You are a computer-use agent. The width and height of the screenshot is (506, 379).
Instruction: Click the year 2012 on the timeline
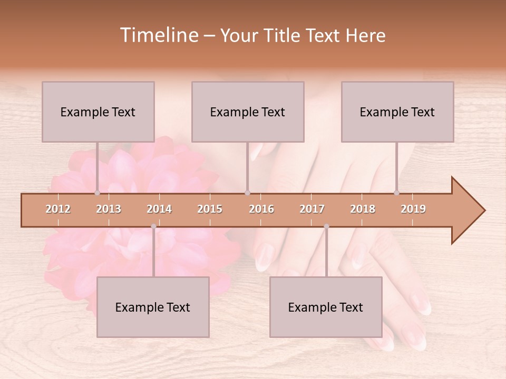tap(58, 209)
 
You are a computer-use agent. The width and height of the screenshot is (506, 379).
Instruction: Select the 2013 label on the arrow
tap(109, 209)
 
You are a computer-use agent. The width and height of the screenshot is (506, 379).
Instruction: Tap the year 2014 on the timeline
tap(159, 209)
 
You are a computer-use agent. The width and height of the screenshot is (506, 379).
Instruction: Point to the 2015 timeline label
tap(210, 209)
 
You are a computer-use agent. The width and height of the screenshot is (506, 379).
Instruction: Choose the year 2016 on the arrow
tap(261, 209)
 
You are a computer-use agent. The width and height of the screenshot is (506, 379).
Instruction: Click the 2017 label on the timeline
tap(312, 209)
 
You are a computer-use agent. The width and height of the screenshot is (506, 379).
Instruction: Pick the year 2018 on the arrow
tap(363, 209)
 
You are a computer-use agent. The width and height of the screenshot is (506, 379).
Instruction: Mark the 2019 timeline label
tap(413, 209)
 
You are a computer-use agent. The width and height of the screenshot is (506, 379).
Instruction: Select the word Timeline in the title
tap(158, 35)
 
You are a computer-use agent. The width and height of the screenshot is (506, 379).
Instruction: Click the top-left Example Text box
tap(98, 112)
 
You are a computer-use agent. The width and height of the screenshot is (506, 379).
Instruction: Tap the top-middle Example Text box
tap(248, 112)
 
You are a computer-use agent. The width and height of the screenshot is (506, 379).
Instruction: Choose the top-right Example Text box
tap(397, 112)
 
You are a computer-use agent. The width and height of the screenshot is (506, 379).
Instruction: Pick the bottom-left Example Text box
tap(153, 307)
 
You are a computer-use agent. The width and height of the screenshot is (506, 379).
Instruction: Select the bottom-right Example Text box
tap(326, 307)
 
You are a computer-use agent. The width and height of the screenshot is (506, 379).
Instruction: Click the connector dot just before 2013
tap(97, 193)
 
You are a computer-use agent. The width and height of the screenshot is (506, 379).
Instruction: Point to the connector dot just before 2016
tap(247, 193)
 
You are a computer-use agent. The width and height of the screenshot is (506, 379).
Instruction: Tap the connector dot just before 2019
tap(396, 193)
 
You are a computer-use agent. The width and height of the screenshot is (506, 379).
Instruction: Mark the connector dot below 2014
tap(153, 226)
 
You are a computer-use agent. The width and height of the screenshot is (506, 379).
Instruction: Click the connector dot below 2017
tap(326, 226)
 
